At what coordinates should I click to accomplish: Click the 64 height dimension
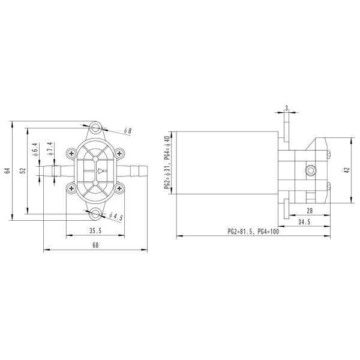pyautogui.click(x=7, y=170)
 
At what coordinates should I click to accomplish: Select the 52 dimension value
pyautogui.click(x=22, y=170)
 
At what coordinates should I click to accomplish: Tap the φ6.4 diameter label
pyautogui.click(x=35, y=149)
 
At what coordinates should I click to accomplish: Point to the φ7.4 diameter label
pyautogui.click(x=50, y=149)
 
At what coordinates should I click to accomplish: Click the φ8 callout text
pyautogui.click(x=127, y=131)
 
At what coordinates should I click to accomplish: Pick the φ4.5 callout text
pyautogui.click(x=116, y=217)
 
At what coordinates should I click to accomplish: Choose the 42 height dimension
pyautogui.click(x=346, y=170)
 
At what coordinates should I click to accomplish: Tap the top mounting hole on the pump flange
pyautogui.click(x=96, y=128)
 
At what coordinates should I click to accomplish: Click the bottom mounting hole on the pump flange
pyautogui.click(x=96, y=213)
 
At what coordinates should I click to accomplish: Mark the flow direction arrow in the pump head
pyautogui.click(x=100, y=171)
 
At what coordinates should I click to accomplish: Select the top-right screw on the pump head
pyautogui.click(x=119, y=153)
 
